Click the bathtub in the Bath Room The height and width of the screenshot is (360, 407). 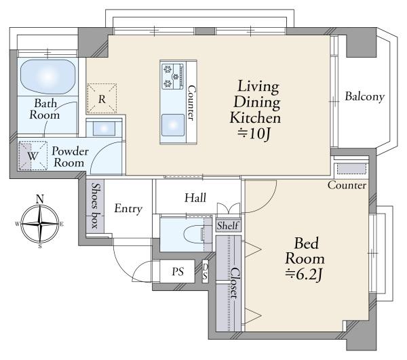pos(47,77)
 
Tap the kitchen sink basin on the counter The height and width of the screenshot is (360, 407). pos(173,125)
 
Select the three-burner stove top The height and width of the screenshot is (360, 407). pos(173,76)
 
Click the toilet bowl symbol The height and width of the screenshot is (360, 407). pos(194,234)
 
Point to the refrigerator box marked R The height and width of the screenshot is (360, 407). pos(102,98)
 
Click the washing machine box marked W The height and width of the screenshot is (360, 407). pos(33,156)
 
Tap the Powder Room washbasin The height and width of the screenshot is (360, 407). pos(104,128)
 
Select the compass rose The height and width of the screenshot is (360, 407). pos(40,224)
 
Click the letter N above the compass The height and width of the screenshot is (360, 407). pos(40,199)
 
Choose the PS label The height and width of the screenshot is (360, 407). pos(178,272)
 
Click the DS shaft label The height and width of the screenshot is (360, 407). pos(205,272)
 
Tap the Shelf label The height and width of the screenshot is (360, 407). pos(228,226)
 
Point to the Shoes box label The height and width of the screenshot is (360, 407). pos(95,205)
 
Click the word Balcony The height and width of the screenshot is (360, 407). pos(364,97)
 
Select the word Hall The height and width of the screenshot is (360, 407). pos(195,198)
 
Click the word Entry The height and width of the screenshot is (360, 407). pos(128,209)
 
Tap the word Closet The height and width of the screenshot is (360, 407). pos(235,283)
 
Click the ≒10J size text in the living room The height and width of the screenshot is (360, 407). pos(254,134)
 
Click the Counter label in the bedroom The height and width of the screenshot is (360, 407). pos(347,185)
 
